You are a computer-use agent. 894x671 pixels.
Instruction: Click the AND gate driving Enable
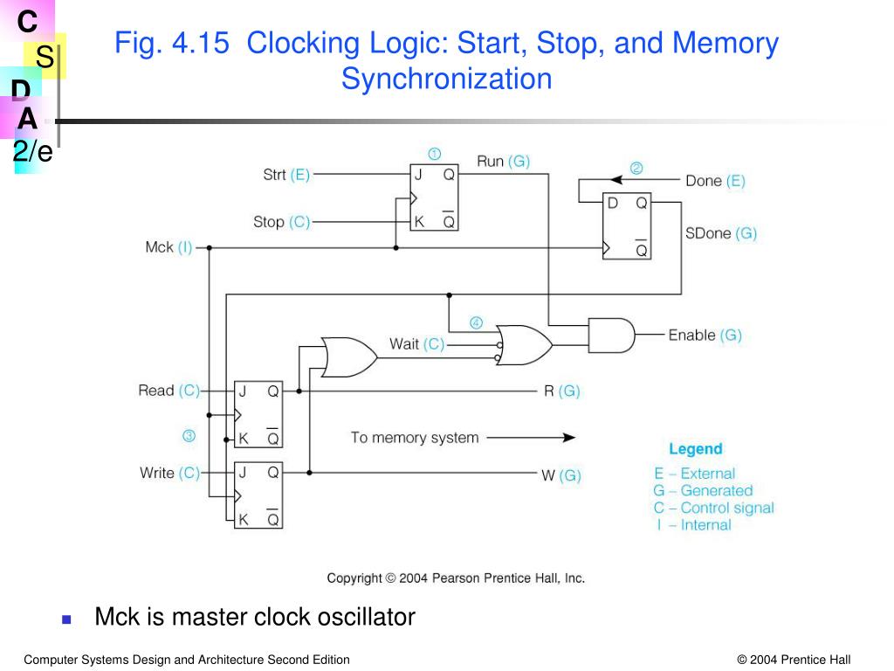tap(611, 335)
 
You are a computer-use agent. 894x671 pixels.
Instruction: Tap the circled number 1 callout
tap(434, 154)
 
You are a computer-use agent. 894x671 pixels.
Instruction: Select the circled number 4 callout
tap(476, 322)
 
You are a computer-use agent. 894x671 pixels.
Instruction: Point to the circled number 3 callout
tap(188, 436)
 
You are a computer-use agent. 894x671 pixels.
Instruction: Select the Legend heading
tap(695, 449)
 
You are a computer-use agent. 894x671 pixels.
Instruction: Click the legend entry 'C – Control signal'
tap(713, 508)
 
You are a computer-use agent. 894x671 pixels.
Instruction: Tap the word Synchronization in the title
tap(446, 79)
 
